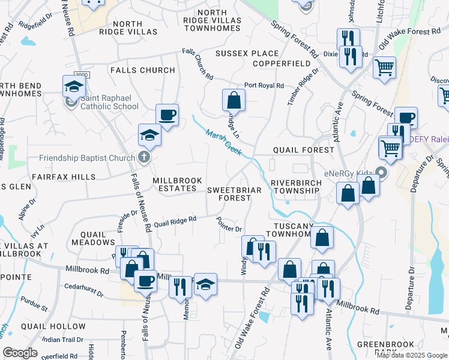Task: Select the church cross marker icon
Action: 143,157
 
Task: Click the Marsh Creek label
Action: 223,142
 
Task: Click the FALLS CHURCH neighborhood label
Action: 143,70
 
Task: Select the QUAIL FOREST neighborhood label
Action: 303,150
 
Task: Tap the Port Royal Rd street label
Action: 264,86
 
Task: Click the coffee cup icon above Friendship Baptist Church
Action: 167,114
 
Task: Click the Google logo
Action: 20,353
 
